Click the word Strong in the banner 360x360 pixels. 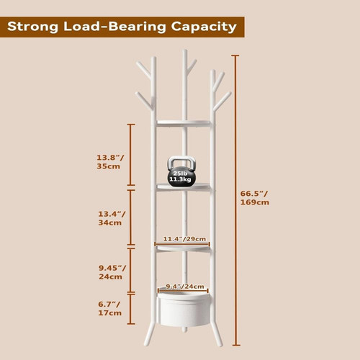click(32, 27)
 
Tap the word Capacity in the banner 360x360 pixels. click(204, 27)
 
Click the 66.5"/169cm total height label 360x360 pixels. click(255, 198)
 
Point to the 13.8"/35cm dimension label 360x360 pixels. click(110, 162)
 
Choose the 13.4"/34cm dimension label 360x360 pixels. click(112, 218)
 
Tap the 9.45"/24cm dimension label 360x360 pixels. click(112, 272)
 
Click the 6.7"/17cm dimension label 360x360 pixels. click(109, 308)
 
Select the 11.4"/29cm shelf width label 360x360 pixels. click(184, 239)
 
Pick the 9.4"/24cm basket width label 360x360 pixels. click(185, 287)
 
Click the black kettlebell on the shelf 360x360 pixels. click(181, 172)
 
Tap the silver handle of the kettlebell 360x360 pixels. click(181, 164)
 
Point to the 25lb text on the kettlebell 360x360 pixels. click(180, 174)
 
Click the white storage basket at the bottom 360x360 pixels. click(184, 308)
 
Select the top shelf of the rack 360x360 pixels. click(184, 123)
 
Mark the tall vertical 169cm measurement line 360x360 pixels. click(235, 200)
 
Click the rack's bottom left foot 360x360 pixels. click(149, 334)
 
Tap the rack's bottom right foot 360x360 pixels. click(217, 334)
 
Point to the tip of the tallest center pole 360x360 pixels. click(184, 50)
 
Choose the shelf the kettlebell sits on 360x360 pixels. click(184, 187)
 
